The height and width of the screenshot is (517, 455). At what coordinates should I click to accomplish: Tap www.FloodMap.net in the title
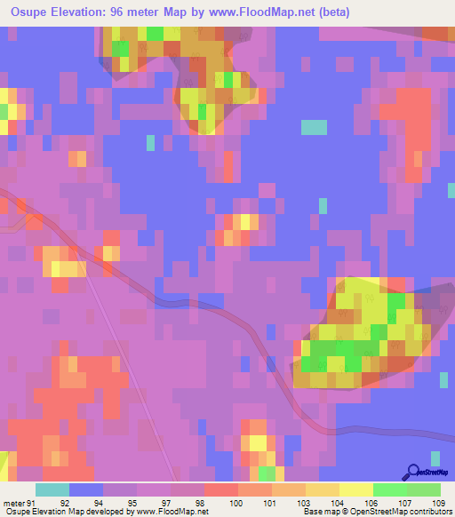click(276, 12)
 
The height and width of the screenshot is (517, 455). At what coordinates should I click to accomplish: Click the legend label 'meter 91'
click(18, 502)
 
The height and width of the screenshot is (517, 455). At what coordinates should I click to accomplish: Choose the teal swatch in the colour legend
click(52, 489)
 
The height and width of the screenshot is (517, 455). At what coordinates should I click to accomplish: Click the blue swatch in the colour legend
click(86, 489)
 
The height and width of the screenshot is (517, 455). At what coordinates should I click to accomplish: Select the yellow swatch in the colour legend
click(356, 489)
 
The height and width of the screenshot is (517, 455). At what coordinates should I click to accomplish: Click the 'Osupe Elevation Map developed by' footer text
click(69, 512)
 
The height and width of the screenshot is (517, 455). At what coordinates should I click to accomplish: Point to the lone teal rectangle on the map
click(314, 127)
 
